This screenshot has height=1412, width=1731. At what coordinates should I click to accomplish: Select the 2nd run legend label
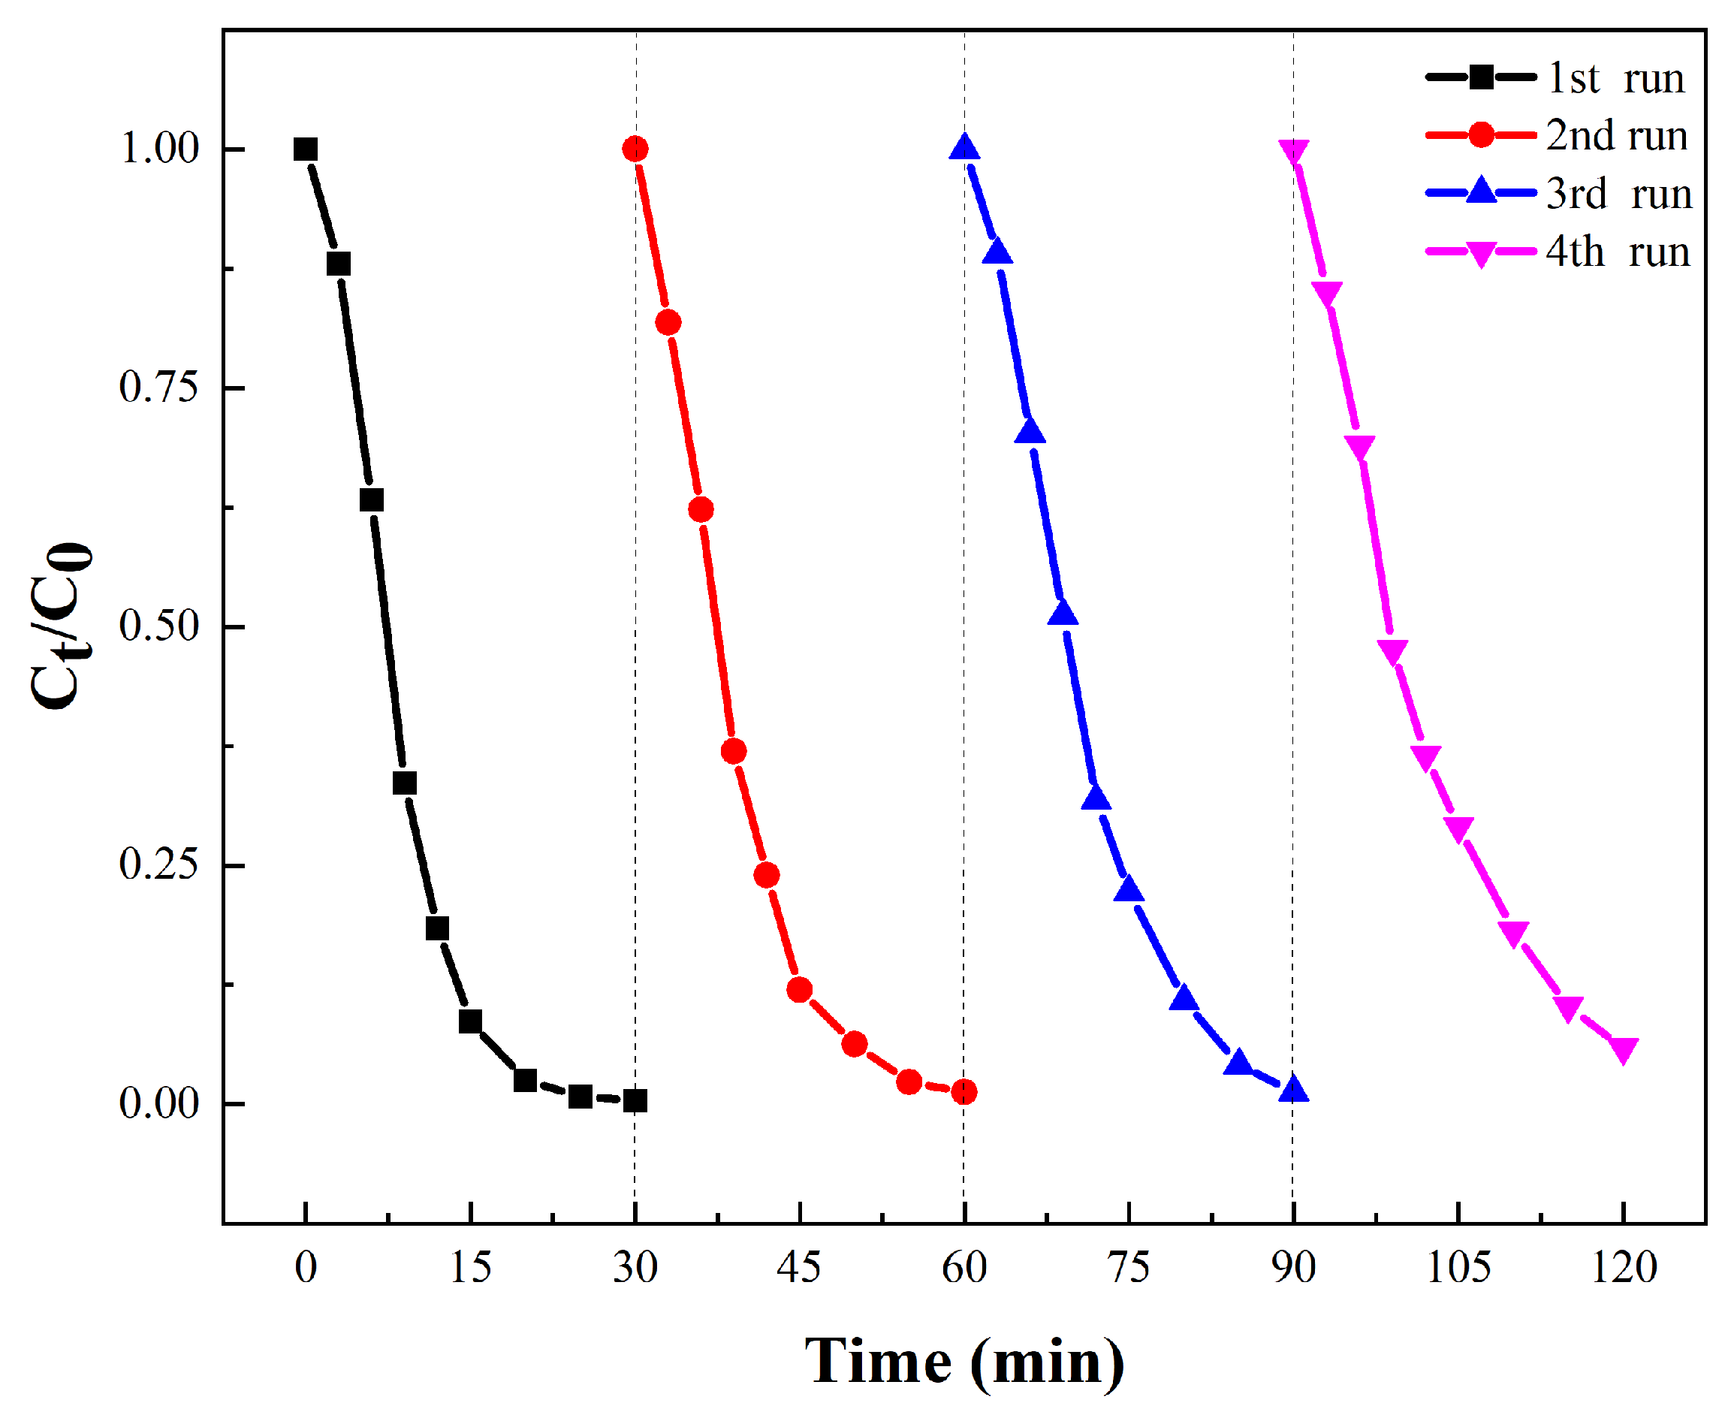(x=1615, y=136)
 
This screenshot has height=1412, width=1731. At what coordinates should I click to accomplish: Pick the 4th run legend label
(x=1616, y=252)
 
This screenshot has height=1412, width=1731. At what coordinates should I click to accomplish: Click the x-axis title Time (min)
(x=964, y=1362)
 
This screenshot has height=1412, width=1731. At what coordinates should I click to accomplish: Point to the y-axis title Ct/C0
(x=61, y=625)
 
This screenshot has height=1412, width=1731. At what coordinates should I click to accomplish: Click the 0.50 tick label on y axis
(x=158, y=626)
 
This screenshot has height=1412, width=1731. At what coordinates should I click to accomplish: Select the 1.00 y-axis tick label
(x=158, y=149)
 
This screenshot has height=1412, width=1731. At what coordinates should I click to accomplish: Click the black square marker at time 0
(x=305, y=149)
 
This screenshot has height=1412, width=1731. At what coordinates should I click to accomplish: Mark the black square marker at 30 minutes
(x=635, y=1100)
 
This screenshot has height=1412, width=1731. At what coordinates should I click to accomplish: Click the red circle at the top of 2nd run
(x=635, y=149)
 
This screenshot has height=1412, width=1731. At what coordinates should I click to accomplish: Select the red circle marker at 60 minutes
(x=964, y=1091)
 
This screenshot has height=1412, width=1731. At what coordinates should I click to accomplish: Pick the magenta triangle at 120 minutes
(x=1623, y=1050)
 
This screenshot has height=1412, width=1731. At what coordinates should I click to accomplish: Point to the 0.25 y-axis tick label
(x=158, y=864)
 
